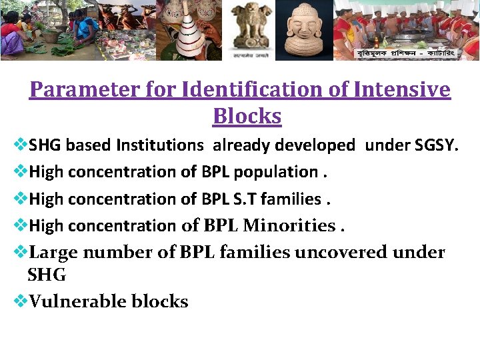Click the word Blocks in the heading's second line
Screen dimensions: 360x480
point(247,116)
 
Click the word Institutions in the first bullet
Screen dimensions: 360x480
point(160,145)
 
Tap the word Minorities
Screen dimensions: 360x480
point(289,226)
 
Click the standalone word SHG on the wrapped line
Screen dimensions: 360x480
point(47,274)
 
